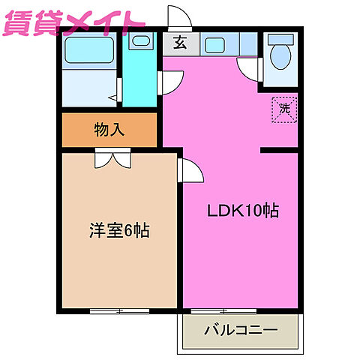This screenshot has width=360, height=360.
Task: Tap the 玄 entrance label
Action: [x=181, y=43]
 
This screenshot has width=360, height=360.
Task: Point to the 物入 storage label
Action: [x=109, y=130]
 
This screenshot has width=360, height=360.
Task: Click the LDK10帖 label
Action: [x=243, y=211]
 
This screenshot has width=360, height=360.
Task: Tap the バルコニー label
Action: [x=241, y=329]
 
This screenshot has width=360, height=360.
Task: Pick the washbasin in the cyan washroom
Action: [x=139, y=41]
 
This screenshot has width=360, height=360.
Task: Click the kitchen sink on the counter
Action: [x=216, y=45]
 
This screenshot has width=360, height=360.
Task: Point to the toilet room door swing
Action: [x=250, y=69]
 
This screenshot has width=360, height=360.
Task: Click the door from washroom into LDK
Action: [x=171, y=81]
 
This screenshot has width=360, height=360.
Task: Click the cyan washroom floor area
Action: [x=140, y=82]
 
